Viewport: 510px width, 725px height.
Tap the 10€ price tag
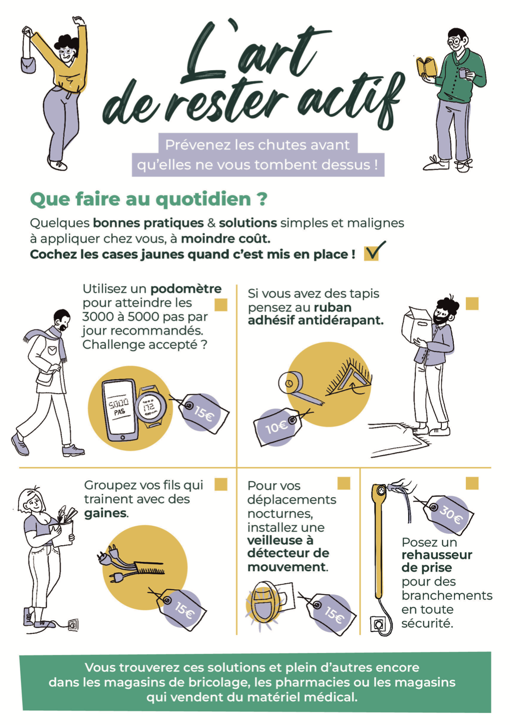[278, 428]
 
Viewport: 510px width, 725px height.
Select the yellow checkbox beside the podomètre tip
[221, 304]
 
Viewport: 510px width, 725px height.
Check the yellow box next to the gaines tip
[221, 484]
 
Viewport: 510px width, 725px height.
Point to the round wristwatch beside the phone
[151, 406]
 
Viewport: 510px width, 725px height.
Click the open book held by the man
[426, 67]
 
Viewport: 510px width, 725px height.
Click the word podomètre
[186, 288]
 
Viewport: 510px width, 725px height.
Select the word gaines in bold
[105, 513]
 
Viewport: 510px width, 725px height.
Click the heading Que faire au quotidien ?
[149, 199]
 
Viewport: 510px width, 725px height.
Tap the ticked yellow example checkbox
[372, 252]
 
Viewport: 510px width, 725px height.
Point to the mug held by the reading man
[463, 73]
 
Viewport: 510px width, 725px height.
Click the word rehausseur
[437, 555]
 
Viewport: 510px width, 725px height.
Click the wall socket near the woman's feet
[73, 624]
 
